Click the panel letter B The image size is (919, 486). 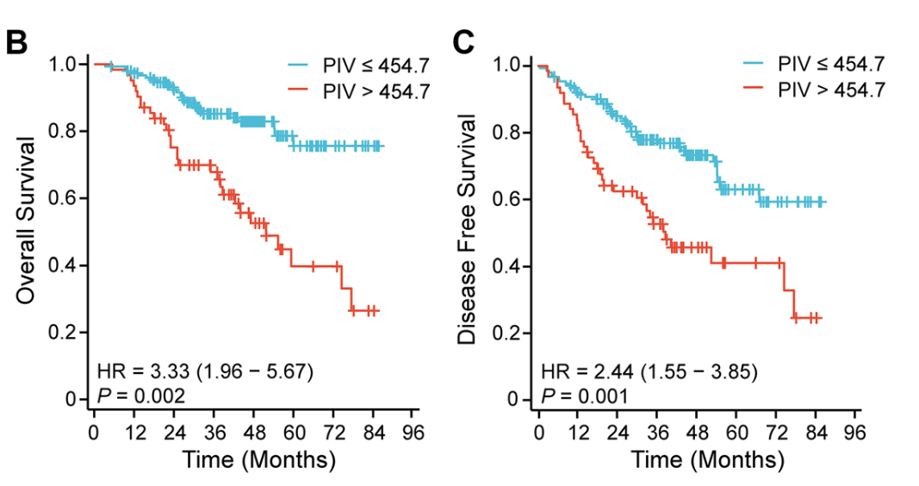[17, 42]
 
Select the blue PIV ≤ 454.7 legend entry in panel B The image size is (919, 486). [358, 64]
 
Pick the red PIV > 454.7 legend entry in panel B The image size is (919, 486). [358, 89]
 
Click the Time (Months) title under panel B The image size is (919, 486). [258, 459]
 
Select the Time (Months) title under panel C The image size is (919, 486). [707, 459]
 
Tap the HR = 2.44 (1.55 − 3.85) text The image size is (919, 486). [649, 372]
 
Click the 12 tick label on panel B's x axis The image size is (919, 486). [134, 431]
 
